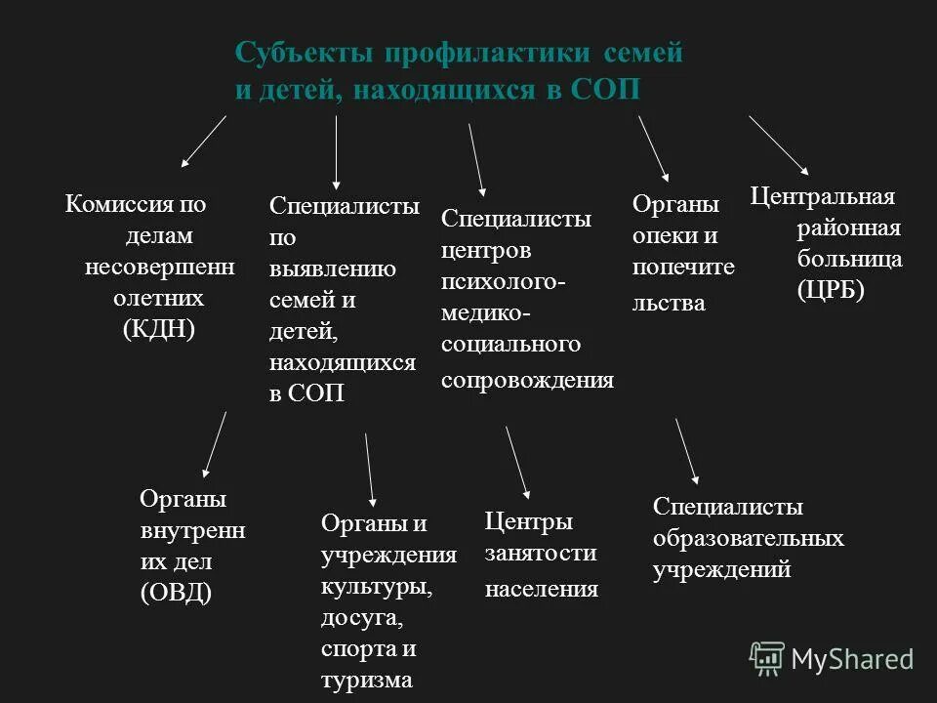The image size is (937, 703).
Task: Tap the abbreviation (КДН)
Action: [159, 329]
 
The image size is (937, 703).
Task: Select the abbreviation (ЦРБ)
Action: [831, 291]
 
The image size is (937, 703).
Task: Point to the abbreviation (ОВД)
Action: [177, 593]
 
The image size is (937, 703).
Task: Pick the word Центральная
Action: [823, 196]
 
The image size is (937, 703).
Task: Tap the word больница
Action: [849, 259]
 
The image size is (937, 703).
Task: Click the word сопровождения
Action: [527, 380]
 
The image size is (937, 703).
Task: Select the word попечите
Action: [683, 267]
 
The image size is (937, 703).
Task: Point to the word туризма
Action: [367, 680]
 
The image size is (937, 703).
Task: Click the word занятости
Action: [541, 554]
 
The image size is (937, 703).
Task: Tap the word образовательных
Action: [749, 538]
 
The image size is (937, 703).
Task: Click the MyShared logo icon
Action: [767, 659]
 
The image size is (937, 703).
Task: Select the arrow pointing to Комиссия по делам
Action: [203, 141]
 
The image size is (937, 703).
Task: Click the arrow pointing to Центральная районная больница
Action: [778, 144]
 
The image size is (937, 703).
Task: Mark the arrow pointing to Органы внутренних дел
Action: [213, 443]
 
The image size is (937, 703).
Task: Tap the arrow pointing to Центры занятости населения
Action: [517, 462]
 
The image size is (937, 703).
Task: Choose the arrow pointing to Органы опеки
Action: [653, 148]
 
